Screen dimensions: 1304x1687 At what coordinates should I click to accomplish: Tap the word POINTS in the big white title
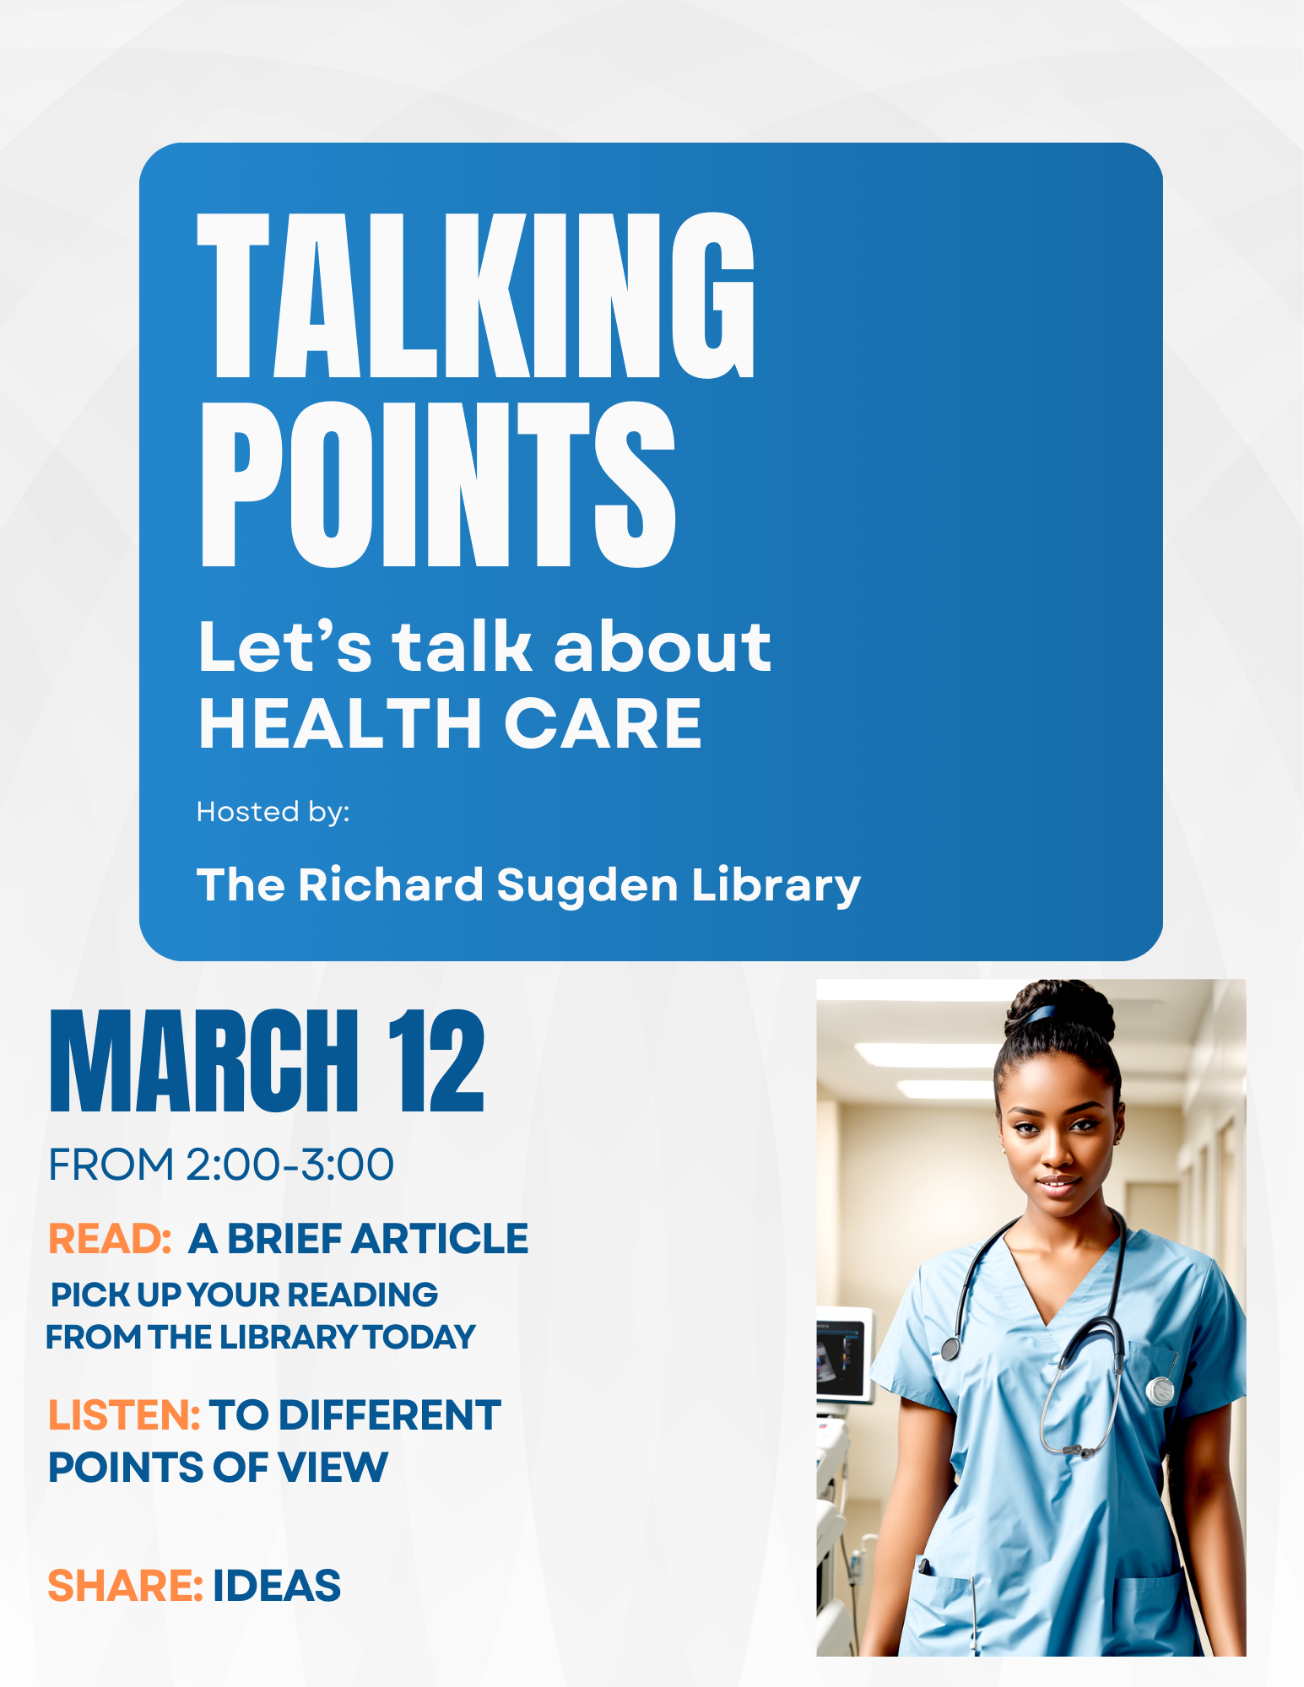[438, 484]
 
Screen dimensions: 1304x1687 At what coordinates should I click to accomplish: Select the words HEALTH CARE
[450, 723]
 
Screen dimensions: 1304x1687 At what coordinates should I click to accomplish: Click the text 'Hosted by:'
[273, 812]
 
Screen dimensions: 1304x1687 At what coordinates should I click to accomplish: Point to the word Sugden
[587, 886]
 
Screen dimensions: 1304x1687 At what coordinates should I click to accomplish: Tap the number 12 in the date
[436, 1061]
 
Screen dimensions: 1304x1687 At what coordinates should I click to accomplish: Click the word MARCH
[204, 1061]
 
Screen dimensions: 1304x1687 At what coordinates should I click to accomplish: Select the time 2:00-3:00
[289, 1165]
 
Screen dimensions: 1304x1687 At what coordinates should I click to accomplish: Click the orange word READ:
[111, 1239]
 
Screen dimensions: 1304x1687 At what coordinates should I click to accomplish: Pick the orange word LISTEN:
[124, 1415]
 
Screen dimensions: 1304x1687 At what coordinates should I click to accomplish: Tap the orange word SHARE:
[125, 1586]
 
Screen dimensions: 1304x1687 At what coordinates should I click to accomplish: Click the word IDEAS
[277, 1586]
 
